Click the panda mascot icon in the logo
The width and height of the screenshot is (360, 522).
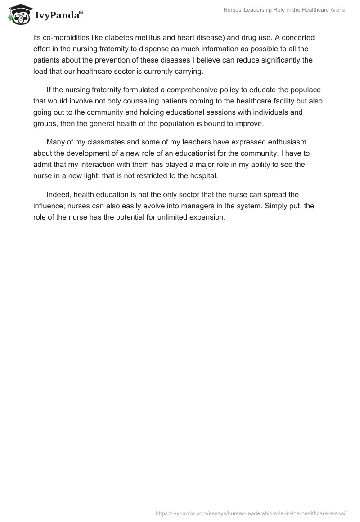tap(18, 14)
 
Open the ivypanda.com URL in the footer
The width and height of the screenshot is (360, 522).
tap(250, 513)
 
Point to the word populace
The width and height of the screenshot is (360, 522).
tap(305, 90)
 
